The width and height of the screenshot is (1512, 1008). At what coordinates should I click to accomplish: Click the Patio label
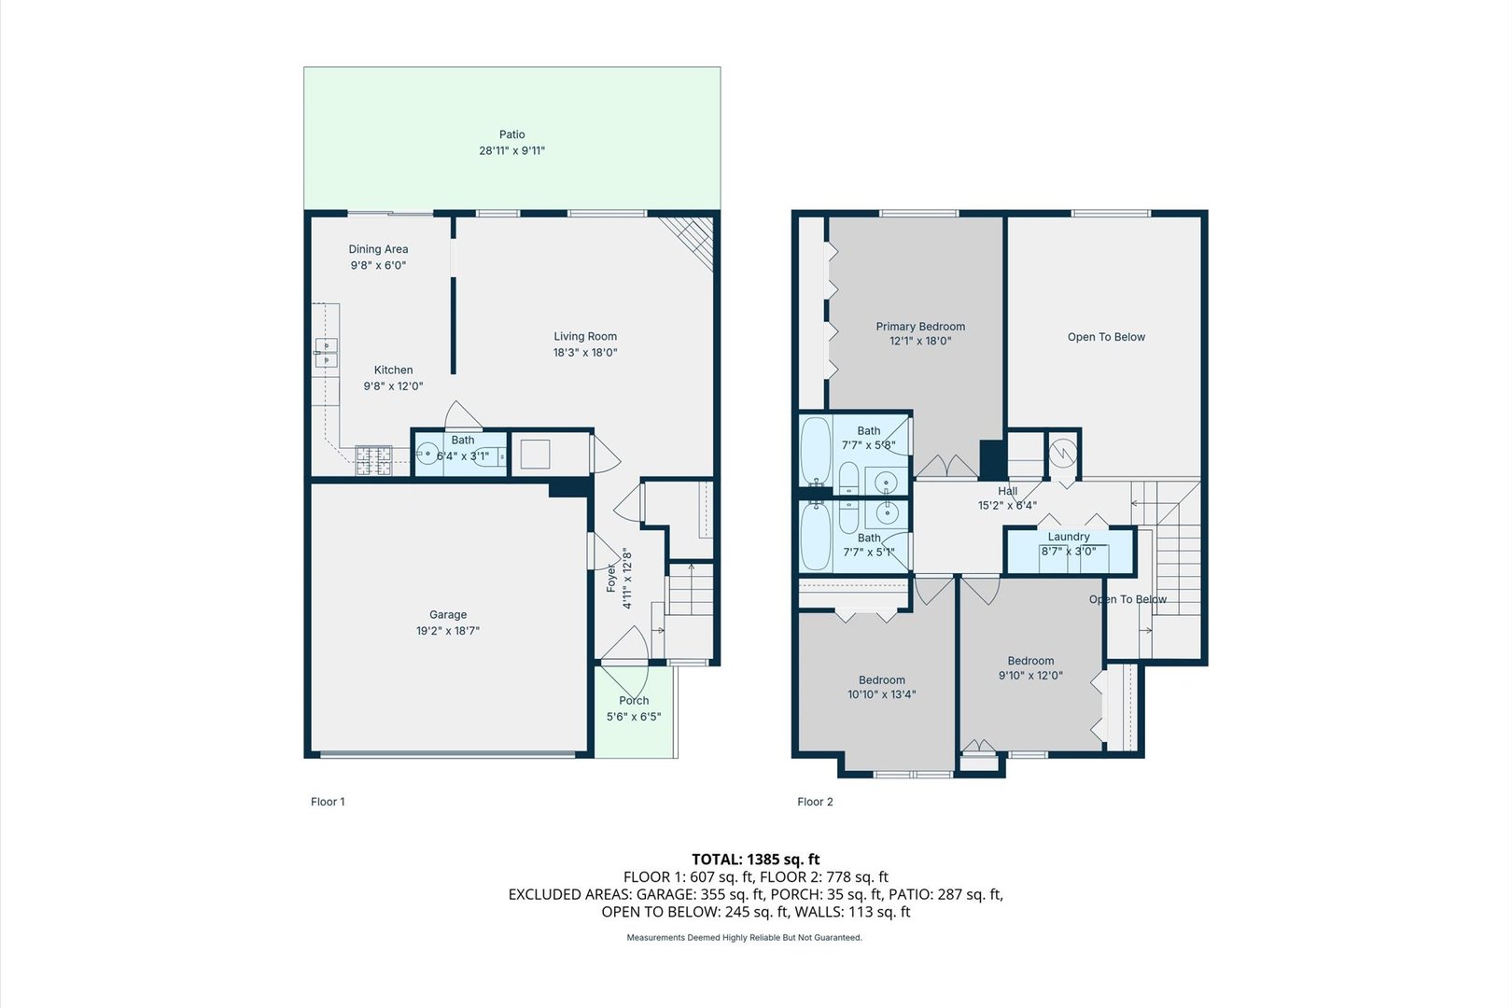tap(511, 134)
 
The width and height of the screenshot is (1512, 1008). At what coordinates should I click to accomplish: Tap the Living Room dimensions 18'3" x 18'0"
tap(585, 353)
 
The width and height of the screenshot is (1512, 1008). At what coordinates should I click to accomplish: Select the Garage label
tap(448, 614)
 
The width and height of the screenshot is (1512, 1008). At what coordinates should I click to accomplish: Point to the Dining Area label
tap(378, 249)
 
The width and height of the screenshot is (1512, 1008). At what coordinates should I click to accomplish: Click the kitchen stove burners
tap(373, 460)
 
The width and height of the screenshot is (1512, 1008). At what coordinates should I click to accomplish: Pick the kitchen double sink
tap(326, 353)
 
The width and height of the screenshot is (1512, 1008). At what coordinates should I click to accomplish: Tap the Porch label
tap(634, 701)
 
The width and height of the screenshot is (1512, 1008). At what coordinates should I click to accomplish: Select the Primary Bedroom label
tap(920, 327)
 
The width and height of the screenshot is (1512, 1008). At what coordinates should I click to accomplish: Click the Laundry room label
tap(1069, 537)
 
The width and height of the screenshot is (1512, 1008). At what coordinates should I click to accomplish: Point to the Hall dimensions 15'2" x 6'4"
tap(1007, 505)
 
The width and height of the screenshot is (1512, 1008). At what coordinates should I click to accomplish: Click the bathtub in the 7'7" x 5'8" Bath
tap(816, 451)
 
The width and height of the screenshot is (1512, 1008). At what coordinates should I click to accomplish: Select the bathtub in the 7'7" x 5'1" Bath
tap(816, 537)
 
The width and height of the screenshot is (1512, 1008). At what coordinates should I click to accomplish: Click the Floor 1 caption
tap(328, 802)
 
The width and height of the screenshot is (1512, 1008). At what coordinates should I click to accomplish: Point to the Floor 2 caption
tap(815, 802)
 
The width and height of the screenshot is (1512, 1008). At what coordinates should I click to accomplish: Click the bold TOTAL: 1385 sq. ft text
tap(755, 860)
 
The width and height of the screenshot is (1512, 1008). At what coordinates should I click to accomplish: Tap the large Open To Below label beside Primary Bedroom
tap(1106, 337)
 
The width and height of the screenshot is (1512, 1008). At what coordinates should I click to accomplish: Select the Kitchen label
tap(394, 370)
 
